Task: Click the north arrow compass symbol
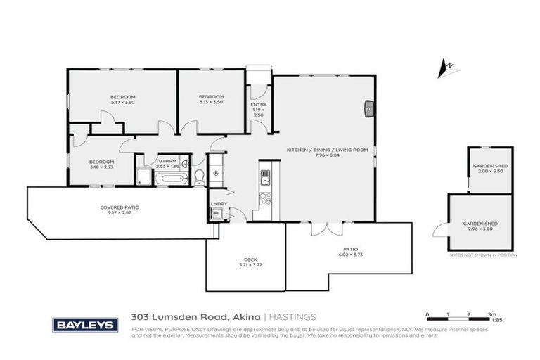point(444,69)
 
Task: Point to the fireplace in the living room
point(369,108)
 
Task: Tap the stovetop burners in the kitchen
point(266,198)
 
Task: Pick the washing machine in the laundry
point(217,215)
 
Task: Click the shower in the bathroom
point(144,176)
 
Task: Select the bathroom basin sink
point(186,165)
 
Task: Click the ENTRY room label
point(258,104)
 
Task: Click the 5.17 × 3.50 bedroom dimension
point(122,103)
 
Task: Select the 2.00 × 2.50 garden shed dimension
point(490,171)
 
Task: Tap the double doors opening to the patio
point(328,229)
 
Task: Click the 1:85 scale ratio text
point(497,321)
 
